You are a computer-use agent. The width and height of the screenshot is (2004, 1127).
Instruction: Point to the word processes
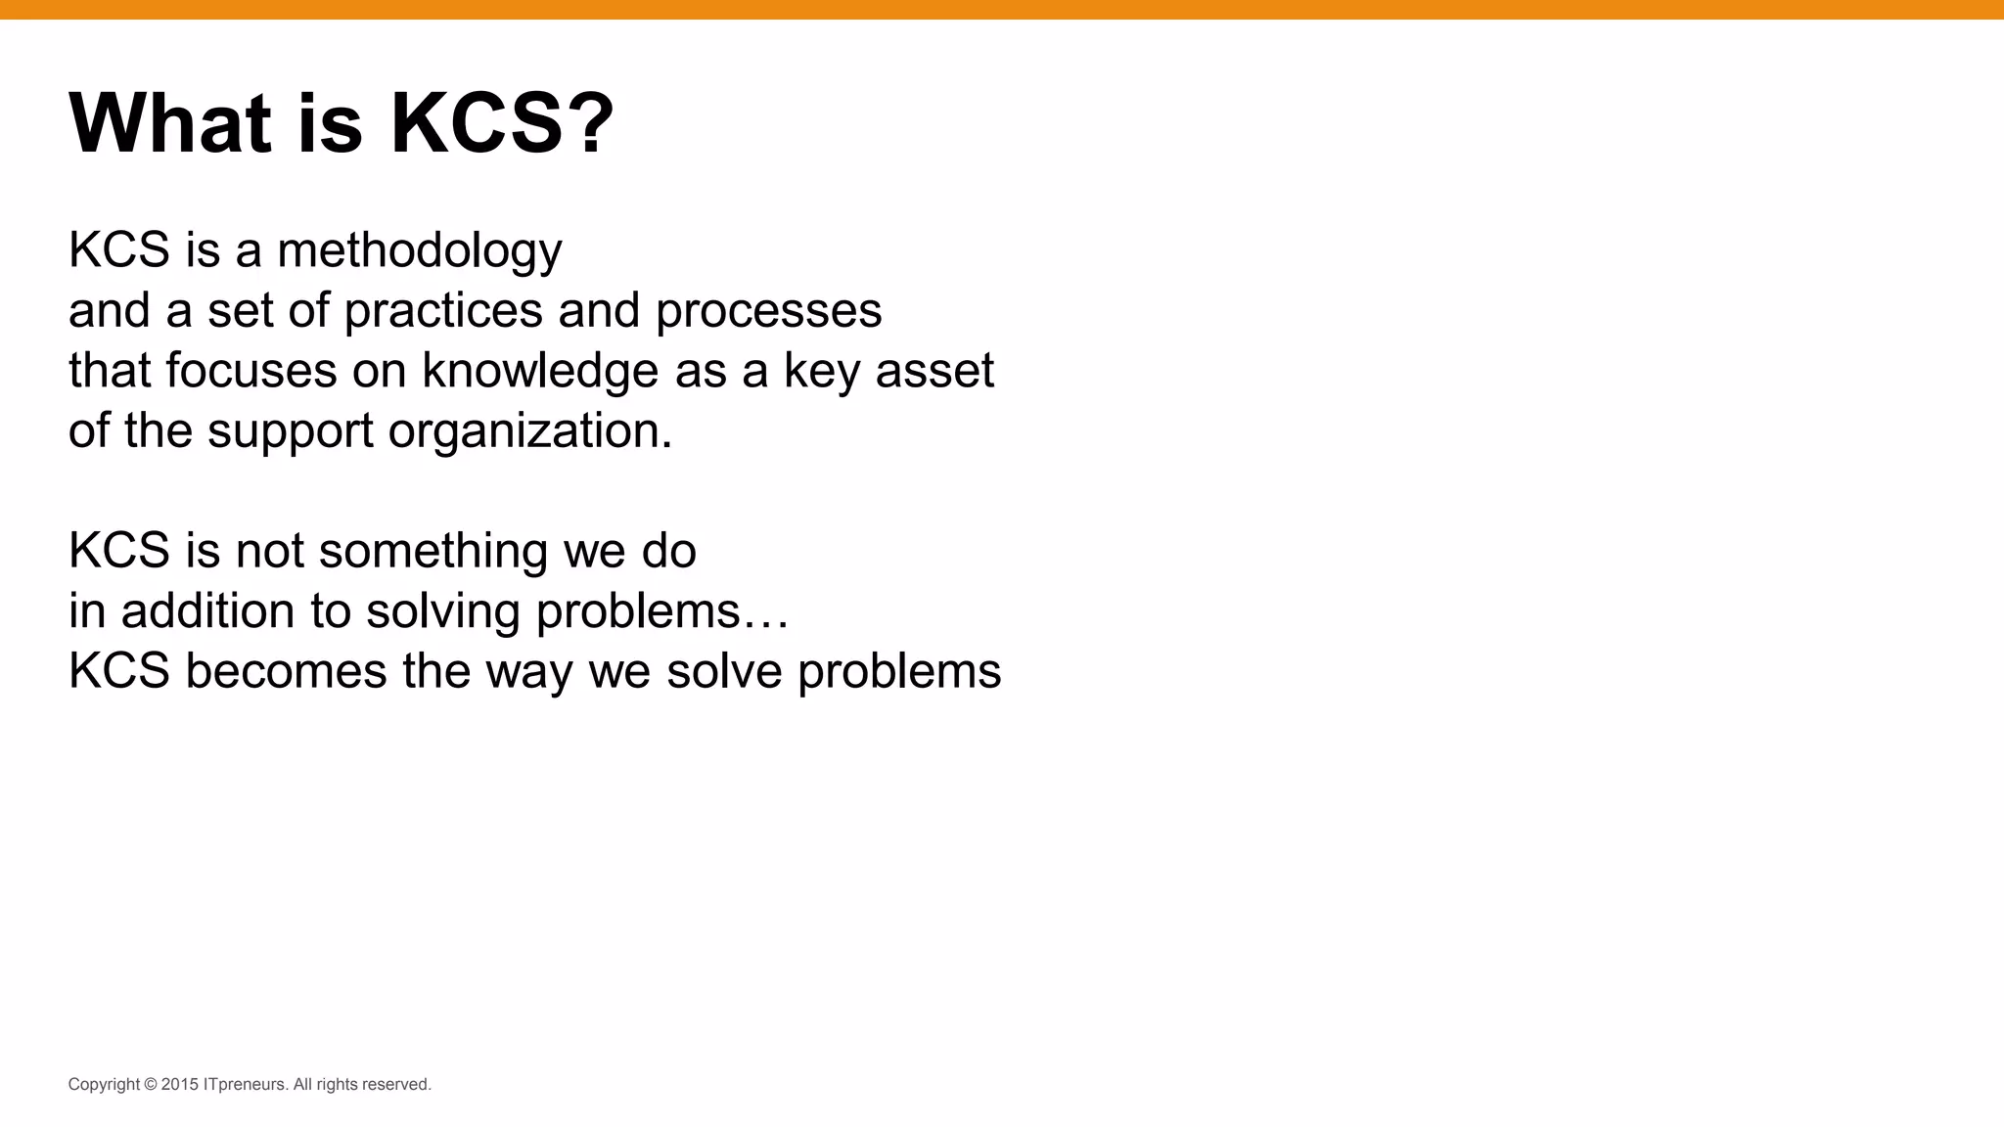click(x=768, y=311)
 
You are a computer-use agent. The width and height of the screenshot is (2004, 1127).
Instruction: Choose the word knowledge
click(x=540, y=371)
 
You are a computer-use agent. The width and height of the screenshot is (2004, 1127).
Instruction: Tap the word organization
click(x=529, y=431)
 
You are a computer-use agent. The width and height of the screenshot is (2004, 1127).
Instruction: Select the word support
click(x=291, y=431)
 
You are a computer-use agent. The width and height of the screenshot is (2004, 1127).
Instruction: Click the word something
click(x=433, y=551)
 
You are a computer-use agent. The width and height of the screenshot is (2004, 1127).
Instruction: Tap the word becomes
click(x=286, y=671)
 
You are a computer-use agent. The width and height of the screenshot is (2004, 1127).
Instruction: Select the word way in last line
click(x=528, y=673)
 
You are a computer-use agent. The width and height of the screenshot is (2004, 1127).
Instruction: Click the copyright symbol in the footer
click(x=151, y=1084)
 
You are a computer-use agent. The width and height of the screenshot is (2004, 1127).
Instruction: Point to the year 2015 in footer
click(x=180, y=1084)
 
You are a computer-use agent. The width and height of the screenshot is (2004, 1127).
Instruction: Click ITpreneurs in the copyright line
click(x=245, y=1084)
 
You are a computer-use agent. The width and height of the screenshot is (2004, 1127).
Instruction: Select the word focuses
click(x=250, y=371)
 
